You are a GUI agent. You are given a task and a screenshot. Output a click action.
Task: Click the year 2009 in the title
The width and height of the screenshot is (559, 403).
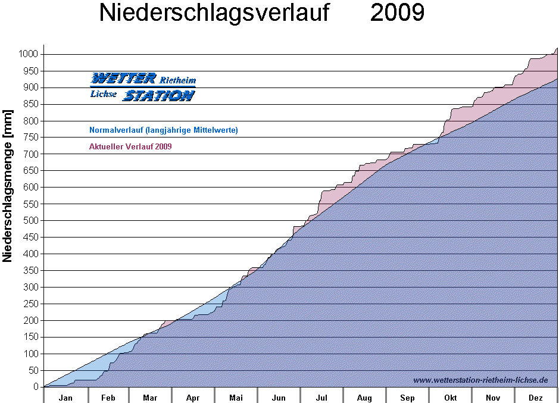[x=397, y=13]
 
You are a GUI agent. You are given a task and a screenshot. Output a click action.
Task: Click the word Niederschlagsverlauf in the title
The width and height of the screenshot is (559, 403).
[x=214, y=13]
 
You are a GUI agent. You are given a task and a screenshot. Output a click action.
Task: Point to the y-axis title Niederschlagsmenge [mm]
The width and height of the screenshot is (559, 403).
[x=8, y=186]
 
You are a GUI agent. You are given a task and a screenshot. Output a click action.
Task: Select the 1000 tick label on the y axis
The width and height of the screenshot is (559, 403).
[x=28, y=54]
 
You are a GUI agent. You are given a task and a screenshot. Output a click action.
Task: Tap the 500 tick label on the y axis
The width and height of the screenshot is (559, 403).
[x=30, y=220]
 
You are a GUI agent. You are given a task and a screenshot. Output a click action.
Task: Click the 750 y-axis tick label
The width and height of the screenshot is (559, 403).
[x=30, y=138]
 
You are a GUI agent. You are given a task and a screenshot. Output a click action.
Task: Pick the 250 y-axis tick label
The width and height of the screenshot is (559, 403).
[x=30, y=304]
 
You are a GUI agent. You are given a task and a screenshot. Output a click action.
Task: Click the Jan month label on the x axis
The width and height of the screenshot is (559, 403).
[x=65, y=397]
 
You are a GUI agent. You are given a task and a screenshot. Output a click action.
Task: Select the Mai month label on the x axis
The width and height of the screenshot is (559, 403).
[x=236, y=397]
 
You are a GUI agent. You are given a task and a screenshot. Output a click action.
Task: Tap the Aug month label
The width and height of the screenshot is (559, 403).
[x=364, y=397]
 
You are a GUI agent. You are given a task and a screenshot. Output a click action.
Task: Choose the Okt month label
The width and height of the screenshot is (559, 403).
[x=450, y=397]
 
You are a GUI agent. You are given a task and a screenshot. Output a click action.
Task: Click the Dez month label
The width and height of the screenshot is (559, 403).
[x=536, y=397]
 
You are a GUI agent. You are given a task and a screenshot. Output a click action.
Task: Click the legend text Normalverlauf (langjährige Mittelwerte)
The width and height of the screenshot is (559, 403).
[x=164, y=130]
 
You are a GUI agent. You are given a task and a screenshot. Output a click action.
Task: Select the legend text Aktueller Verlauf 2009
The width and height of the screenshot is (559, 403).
[x=130, y=146]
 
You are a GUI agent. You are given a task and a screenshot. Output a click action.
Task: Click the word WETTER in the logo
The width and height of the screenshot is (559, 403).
[x=123, y=79]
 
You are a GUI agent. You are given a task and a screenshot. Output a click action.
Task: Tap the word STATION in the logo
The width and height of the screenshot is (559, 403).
[x=158, y=95]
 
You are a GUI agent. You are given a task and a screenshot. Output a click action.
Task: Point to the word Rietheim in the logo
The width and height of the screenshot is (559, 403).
[x=177, y=79]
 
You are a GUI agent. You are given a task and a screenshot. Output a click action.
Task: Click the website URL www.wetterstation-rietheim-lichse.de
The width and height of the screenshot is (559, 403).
[x=480, y=380]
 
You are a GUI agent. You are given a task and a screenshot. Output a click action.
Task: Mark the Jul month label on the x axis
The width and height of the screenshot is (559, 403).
[x=321, y=397]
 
